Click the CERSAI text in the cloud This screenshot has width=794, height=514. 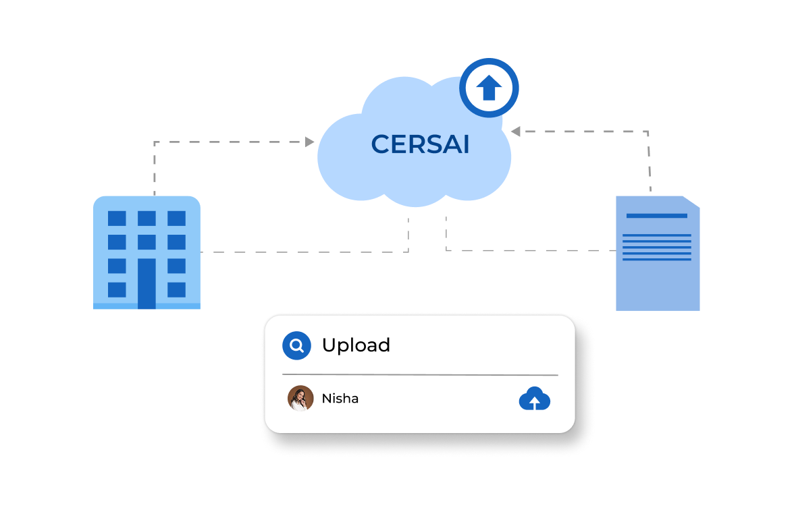420,144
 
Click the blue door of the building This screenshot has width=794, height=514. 147,283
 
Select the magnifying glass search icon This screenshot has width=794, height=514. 296,346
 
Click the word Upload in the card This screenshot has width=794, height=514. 356,345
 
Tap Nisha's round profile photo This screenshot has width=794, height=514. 300,399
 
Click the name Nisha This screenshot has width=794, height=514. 340,399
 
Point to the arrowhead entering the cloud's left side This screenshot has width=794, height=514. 310,142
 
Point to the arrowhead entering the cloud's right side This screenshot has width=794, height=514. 515,132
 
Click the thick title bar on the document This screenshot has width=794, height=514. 656,216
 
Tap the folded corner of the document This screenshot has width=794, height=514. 691,202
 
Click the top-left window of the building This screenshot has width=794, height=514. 117,219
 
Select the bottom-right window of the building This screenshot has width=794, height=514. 176,289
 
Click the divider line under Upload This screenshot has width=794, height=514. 420,374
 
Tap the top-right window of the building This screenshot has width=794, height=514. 176,219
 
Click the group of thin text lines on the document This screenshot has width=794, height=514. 656,247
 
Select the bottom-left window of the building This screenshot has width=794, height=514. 117,289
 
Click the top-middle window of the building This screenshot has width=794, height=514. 147,219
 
